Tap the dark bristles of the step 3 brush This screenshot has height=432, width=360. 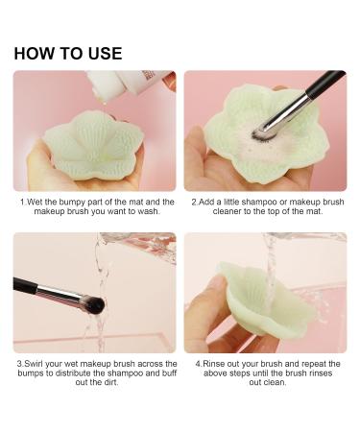pyautogui.click(x=94, y=304)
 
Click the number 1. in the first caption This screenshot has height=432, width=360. pyautogui.click(x=23, y=204)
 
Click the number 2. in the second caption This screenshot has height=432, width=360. pyautogui.click(x=194, y=204)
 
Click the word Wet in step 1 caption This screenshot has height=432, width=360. pyautogui.click(x=36, y=204)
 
